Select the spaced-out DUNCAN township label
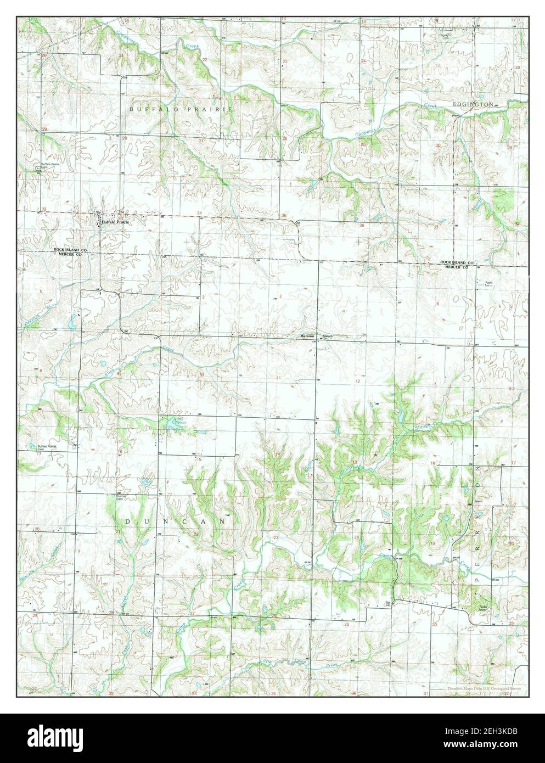pyautogui.click(x=175, y=520)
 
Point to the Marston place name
pyautogui.click(x=306, y=336)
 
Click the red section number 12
pyautogui.click(x=357, y=381)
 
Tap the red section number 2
pyautogui.click(x=280, y=296)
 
